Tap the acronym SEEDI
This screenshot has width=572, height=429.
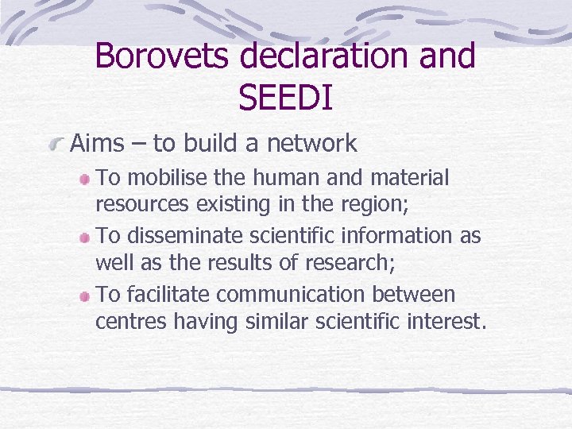[284, 98]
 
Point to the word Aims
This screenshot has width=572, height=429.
[98, 144]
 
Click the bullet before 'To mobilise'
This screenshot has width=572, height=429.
[85, 179]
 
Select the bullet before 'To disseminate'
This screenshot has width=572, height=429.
[85, 237]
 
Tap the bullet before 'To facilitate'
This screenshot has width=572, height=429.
[85, 296]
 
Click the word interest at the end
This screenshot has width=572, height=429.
[454, 322]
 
